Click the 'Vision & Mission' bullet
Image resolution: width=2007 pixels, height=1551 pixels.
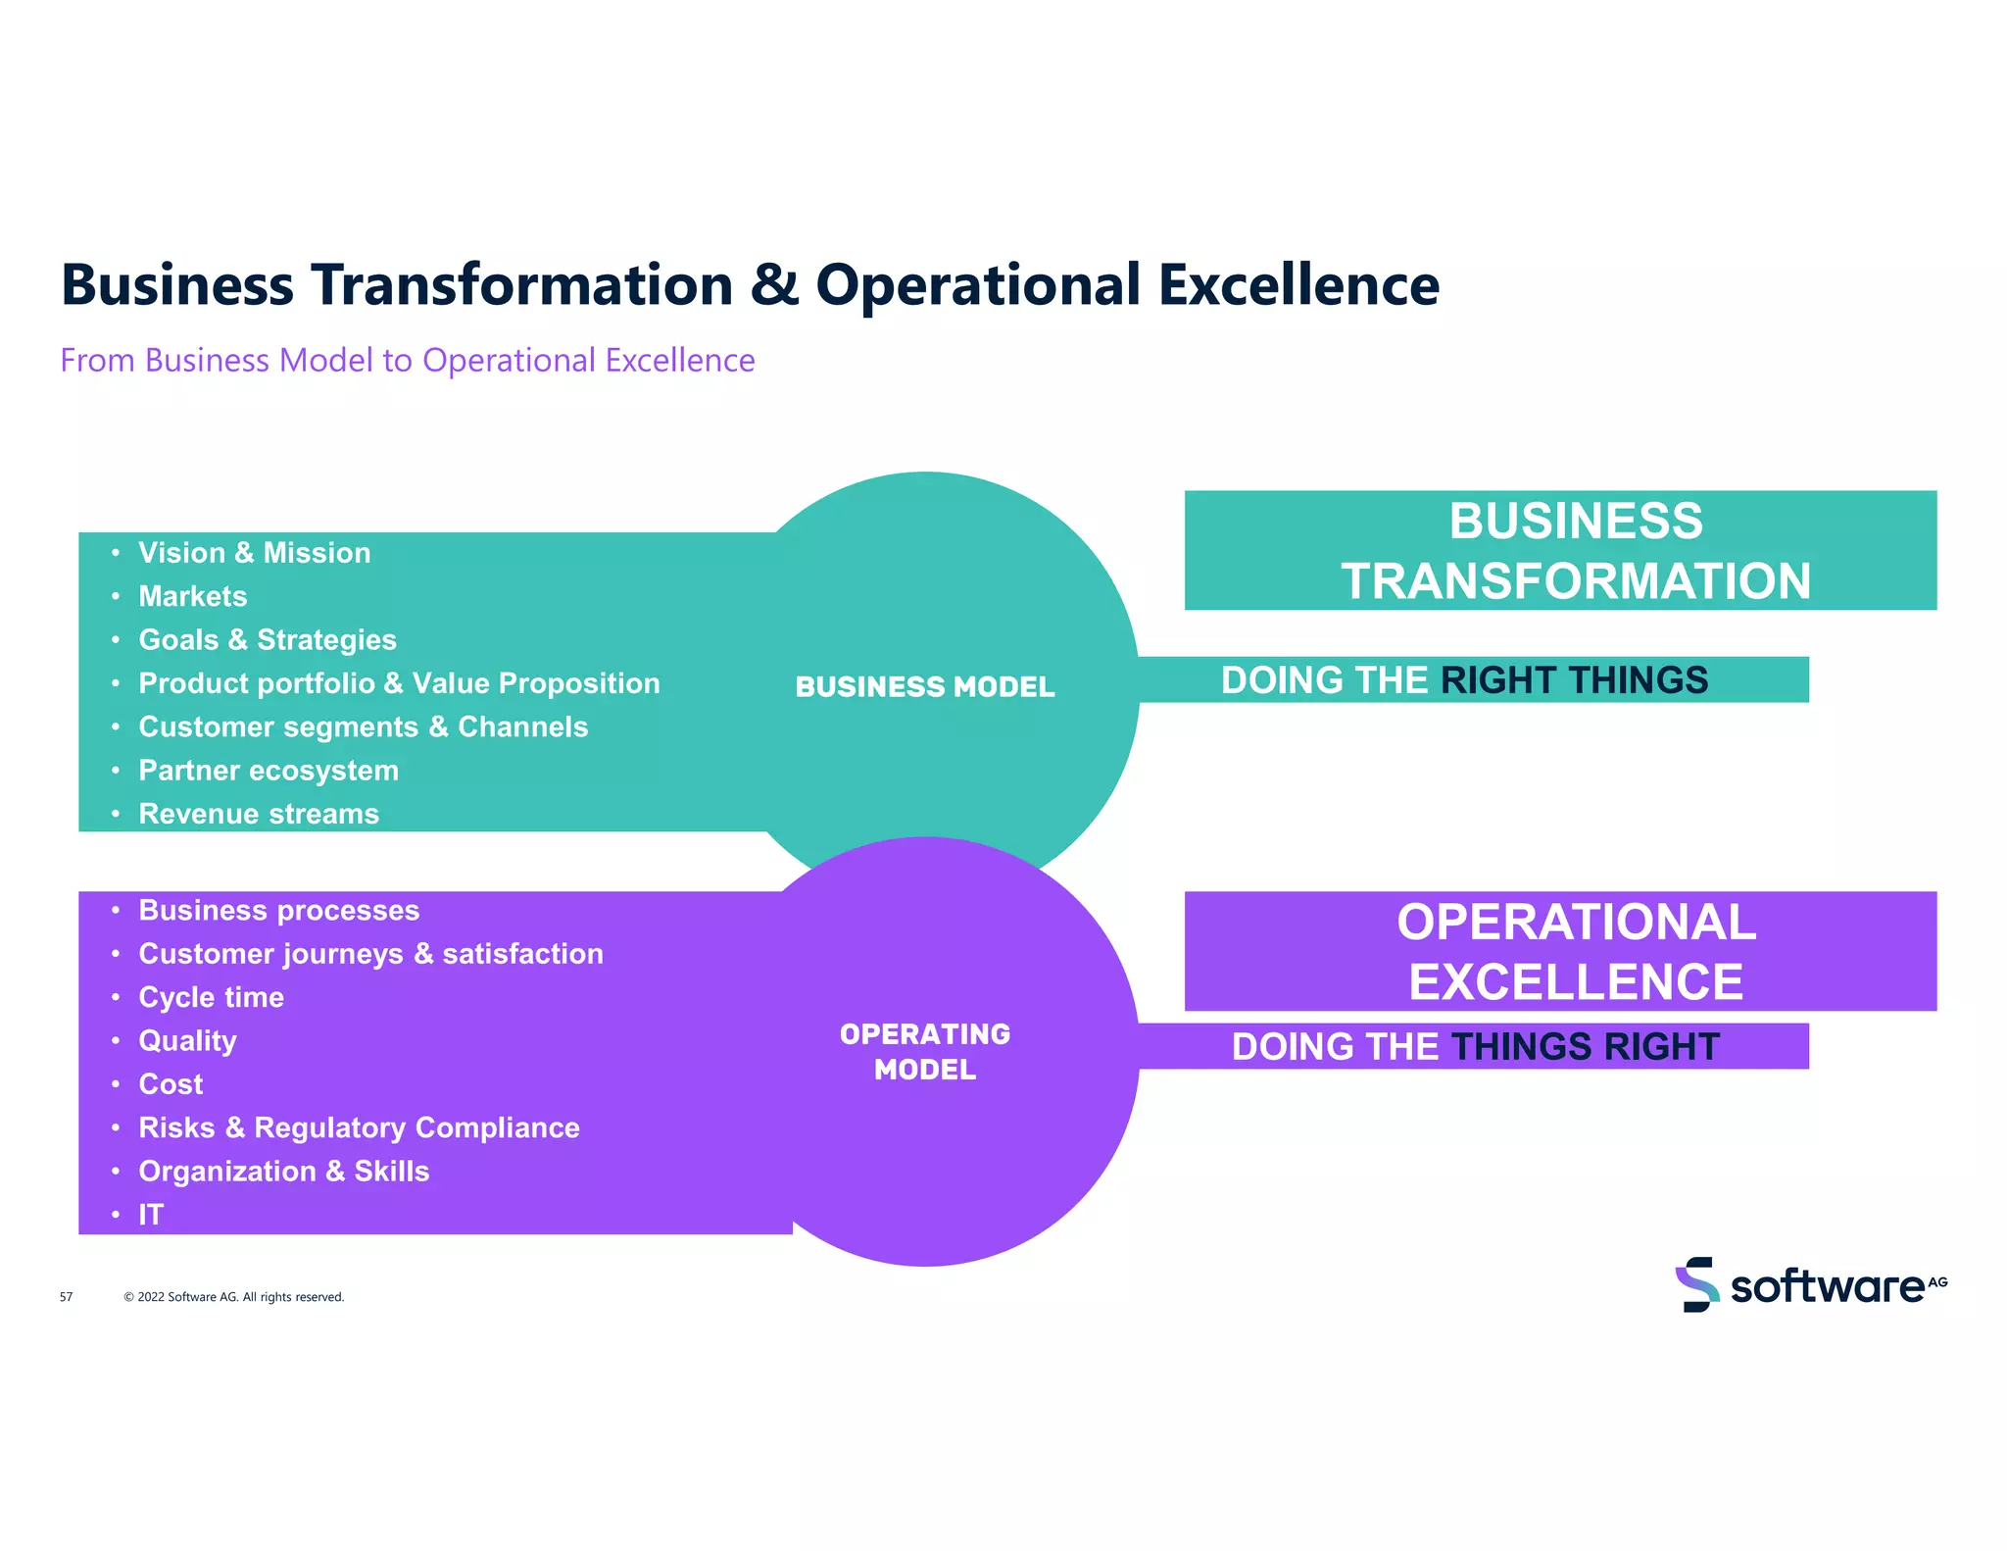(x=254, y=553)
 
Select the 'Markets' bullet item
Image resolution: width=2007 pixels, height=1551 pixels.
(x=192, y=596)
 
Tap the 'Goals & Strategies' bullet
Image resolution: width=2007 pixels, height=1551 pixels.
(x=267, y=640)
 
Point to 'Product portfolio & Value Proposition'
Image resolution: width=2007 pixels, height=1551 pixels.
(x=399, y=683)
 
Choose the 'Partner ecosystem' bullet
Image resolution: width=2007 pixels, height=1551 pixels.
(x=269, y=771)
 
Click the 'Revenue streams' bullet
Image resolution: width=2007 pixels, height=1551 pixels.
(x=259, y=814)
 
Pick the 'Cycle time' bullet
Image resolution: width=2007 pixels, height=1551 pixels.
(x=211, y=997)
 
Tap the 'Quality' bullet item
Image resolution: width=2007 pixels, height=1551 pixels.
(x=187, y=1040)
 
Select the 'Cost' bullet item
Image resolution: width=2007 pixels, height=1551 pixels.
(x=171, y=1084)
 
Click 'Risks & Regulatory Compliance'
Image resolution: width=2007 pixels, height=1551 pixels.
(x=359, y=1127)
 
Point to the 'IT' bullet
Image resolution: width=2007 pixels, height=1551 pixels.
(x=150, y=1215)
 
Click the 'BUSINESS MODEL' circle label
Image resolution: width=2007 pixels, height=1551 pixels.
(x=924, y=686)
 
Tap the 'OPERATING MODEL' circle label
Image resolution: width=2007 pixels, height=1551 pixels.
(x=924, y=1052)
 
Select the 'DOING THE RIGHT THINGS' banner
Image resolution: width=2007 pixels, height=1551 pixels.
(x=1464, y=680)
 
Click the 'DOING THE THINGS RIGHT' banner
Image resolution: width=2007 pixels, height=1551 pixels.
(x=1475, y=1047)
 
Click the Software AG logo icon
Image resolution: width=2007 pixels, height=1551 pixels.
(x=1696, y=1284)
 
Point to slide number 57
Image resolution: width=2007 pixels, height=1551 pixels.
(x=66, y=1297)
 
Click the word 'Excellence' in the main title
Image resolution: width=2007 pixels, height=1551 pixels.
(x=1298, y=285)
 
